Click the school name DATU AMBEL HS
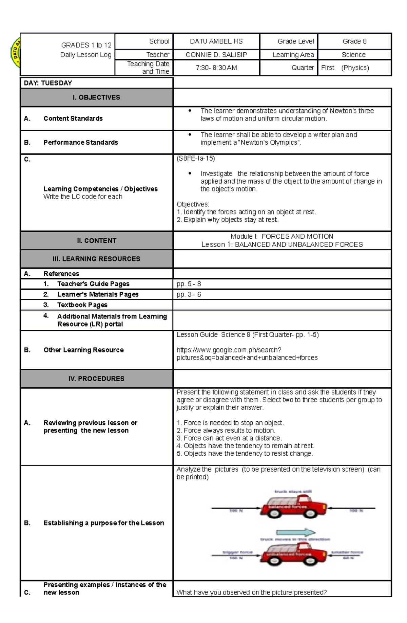click(x=216, y=41)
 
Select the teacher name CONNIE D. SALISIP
click(x=216, y=55)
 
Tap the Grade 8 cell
click(x=354, y=41)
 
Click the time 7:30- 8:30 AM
click(x=216, y=68)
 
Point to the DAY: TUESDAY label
click(x=48, y=83)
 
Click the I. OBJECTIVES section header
click(x=96, y=97)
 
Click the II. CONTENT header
click(x=96, y=241)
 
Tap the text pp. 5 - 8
click(x=189, y=284)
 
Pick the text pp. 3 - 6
click(x=189, y=294)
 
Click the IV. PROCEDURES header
click(x=96, y=379)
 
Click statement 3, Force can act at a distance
click(x=229, y=438)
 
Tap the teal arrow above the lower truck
click(x=295, y=533)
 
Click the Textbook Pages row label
click(x=82, y=305)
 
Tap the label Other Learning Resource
click(x=83, y=350)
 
